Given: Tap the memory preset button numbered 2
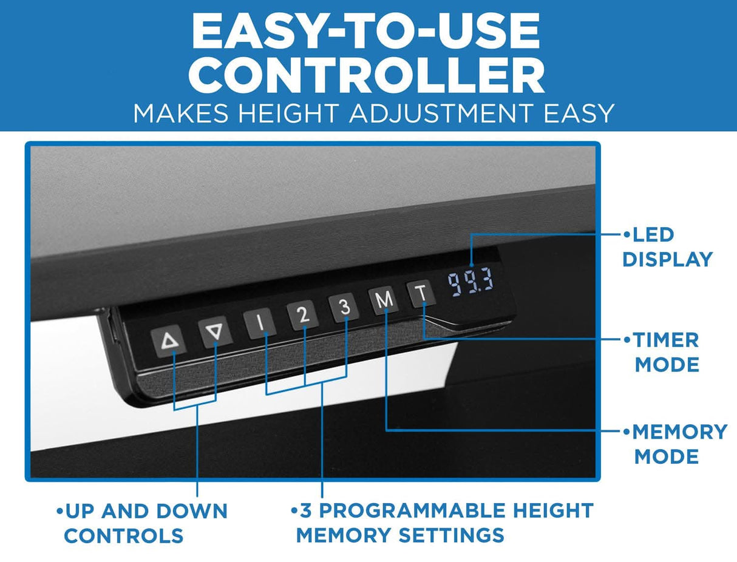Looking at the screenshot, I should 303,316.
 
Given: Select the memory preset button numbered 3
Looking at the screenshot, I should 344,308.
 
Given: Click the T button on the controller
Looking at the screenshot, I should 421,294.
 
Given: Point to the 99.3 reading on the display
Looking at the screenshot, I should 470,282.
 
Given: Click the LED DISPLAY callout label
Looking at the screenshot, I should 667,247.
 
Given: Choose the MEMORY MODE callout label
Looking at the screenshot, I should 674,444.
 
